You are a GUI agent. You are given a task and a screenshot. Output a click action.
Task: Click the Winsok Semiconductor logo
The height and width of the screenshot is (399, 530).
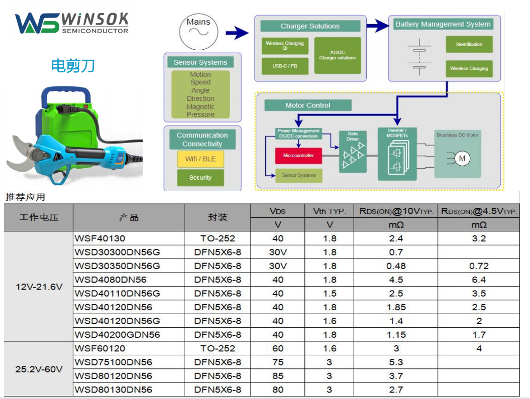(72, 23)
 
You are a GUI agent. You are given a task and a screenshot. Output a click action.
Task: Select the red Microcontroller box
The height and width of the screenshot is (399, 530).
(298, 156)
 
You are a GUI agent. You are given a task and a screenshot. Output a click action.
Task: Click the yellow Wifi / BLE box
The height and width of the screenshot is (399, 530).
(200, 159)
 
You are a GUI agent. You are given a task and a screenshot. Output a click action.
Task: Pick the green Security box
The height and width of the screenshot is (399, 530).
(200, 178)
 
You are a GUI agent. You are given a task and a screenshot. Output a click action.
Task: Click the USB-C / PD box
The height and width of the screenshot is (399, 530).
(285, 66)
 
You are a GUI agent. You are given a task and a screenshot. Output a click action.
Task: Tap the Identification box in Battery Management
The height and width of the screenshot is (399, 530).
(469, 44)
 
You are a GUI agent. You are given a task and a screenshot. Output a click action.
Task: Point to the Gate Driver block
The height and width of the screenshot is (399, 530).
(353, 151)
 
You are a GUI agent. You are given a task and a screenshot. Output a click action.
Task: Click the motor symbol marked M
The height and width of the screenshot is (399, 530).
(462, 159)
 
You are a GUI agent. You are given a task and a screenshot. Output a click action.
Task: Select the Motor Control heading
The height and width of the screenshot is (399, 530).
(308, 105)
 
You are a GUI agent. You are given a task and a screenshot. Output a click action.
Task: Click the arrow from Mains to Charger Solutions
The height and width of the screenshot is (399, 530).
(237, 33)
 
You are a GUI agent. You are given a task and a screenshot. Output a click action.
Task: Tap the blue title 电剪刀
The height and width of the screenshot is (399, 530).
(73, 65)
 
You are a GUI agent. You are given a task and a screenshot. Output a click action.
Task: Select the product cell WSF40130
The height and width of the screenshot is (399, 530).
(100, 238)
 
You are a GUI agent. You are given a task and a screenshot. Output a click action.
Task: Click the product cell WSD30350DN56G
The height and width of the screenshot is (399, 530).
(117, 266)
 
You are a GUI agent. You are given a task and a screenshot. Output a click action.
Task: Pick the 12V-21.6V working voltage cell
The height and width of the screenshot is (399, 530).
(39, 287)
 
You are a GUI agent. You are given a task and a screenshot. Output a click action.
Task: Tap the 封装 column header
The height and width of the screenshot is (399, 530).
(218, 217)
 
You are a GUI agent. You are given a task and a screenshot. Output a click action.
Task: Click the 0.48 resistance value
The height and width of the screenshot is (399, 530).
(396, 266)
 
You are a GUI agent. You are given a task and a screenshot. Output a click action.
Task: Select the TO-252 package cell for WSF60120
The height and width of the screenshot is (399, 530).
(218, 348)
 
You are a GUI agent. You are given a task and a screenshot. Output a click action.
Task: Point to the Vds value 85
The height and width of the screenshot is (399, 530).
(278, 376)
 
